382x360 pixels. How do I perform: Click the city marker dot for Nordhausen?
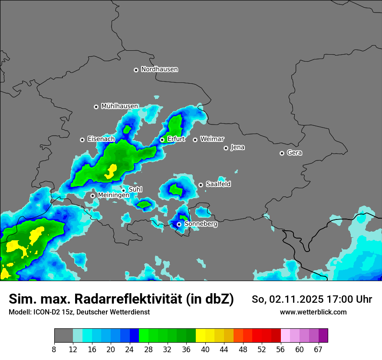coord(136,70)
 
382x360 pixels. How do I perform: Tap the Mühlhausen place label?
coord(119,106)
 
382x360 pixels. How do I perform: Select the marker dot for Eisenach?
coord(82,140)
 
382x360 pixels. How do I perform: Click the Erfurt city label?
coord(176,139)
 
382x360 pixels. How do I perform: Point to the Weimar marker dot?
coord(195,140)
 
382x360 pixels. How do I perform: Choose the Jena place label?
coord(237,147)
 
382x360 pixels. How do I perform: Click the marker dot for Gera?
coord(282,153)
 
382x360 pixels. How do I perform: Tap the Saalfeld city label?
coord(218,184)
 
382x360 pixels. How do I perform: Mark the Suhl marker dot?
coord(123,190)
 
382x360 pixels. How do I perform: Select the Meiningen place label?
coord(113,195)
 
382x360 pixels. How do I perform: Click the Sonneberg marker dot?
coord(179,224)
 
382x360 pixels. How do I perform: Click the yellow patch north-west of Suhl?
coord(111,171)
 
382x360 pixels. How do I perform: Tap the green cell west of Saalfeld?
coord(176,190)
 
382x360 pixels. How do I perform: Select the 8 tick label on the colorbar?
coord(54,350)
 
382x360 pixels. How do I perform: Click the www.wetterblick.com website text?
coord(313,312)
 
